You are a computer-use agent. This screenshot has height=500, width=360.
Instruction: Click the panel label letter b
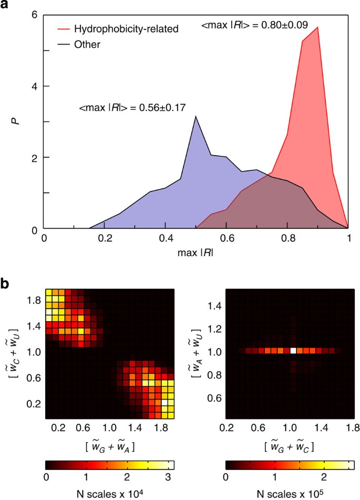tap(7, 283)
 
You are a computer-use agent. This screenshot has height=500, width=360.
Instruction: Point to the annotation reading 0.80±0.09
tap(255, 24)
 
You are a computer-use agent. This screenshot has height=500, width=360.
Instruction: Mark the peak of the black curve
tap(196, 117)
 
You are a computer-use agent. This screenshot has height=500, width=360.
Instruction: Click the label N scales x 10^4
tap(109, 492)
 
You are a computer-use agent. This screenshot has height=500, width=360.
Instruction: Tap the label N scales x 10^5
tap(290, 492)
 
